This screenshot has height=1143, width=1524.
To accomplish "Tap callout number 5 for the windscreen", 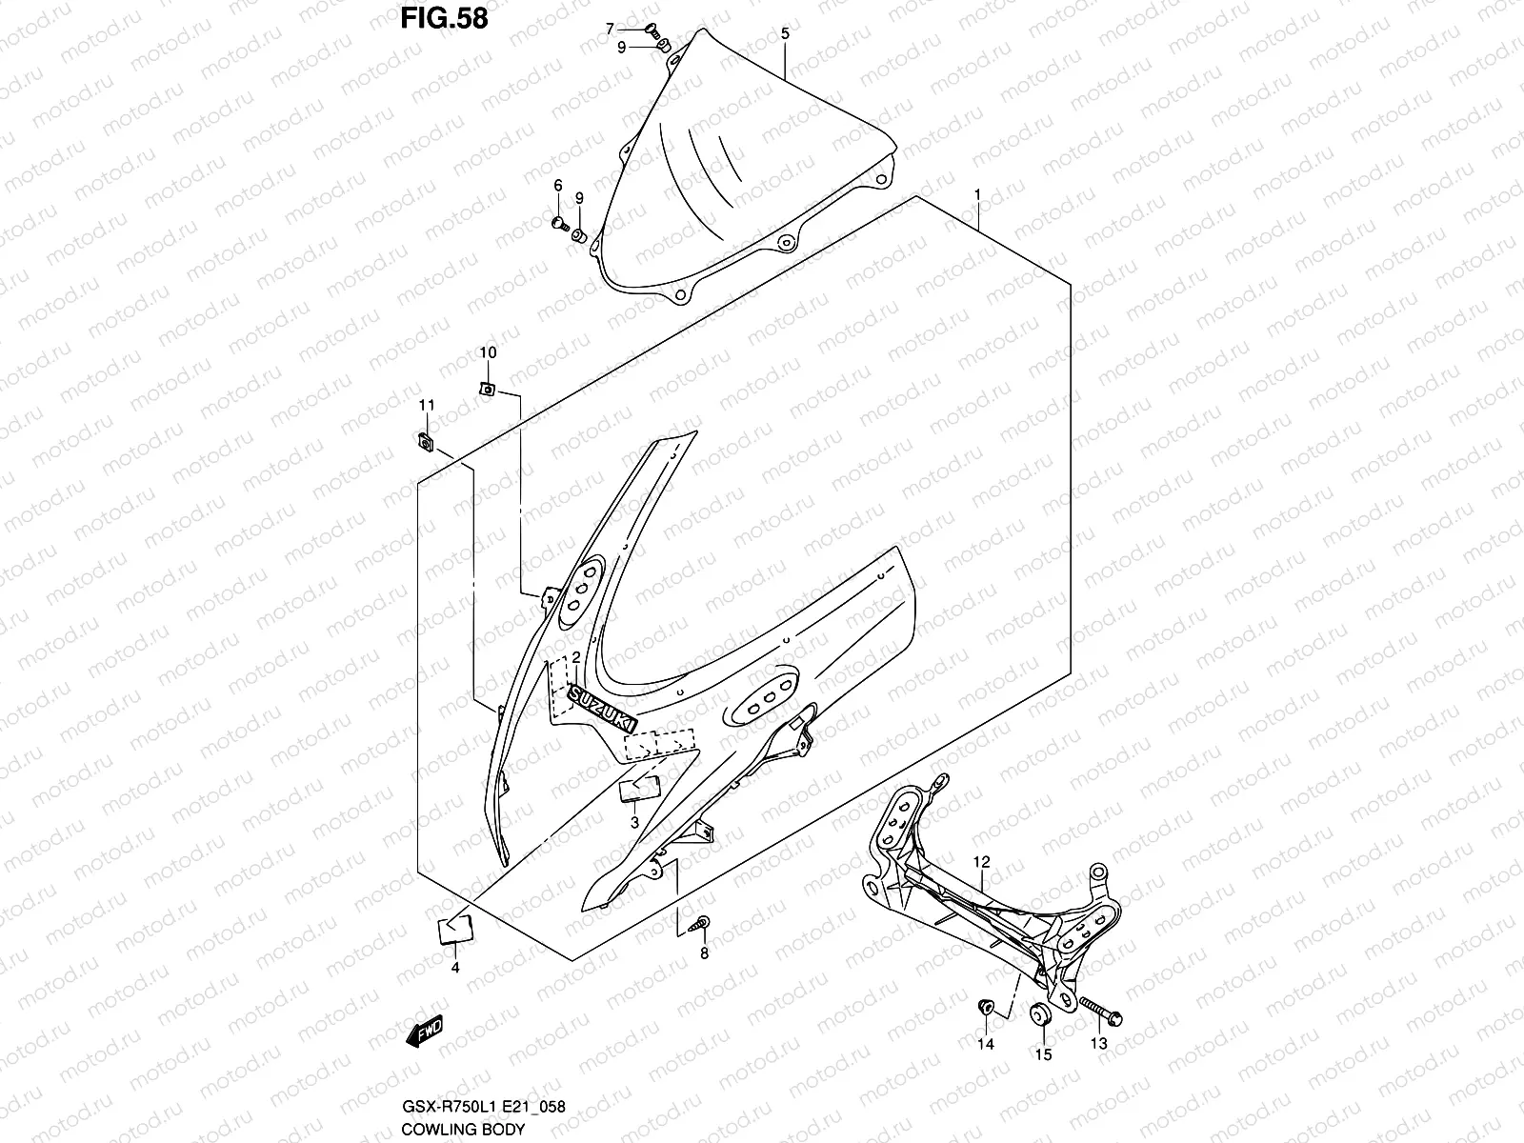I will [785, 33].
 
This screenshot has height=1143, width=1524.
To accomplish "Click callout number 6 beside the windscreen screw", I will [558, 185].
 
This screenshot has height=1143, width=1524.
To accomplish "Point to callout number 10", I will [487, 352].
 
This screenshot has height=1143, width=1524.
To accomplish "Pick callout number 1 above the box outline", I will [977, 194].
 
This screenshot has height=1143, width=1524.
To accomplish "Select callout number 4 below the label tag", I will [455, 969].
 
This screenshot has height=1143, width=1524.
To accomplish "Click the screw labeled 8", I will [703, 922].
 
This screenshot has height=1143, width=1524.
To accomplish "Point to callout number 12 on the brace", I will [982, 862].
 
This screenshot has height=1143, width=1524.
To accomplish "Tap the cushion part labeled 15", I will [1041, 1015].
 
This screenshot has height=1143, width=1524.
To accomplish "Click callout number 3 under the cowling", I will [634, 822].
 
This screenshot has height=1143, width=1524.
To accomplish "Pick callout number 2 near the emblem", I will [575, 658].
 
